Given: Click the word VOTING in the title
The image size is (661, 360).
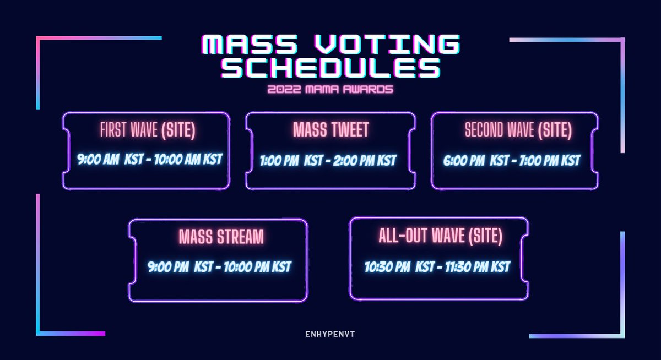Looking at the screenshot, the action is coord(387,44).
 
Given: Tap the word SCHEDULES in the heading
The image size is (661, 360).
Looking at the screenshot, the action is coord(331,68).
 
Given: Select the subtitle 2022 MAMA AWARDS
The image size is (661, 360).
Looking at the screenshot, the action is coord(330,89).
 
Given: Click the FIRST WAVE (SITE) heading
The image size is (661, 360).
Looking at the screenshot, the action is coord(148,130).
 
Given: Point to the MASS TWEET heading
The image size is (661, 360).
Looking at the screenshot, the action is coord(331,130).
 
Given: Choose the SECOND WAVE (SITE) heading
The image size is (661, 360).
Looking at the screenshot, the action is coord(518,130).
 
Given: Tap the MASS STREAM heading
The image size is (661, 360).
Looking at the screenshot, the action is coord(221,237).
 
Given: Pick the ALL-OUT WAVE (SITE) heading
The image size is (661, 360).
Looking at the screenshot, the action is coord(440,236).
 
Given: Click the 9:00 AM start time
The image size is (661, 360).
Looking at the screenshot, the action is coord(98,159).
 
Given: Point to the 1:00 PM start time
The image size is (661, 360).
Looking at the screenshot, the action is coord(279,161).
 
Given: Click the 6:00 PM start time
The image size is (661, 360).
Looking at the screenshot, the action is coord(464,161).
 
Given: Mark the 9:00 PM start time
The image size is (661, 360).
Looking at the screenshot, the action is coord(168,267).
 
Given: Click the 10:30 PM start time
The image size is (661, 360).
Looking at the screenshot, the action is coord(387,267).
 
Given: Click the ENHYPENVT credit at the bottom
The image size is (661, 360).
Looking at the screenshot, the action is coord(330,334).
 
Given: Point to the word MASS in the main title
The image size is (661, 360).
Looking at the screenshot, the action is coord(250,44).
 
